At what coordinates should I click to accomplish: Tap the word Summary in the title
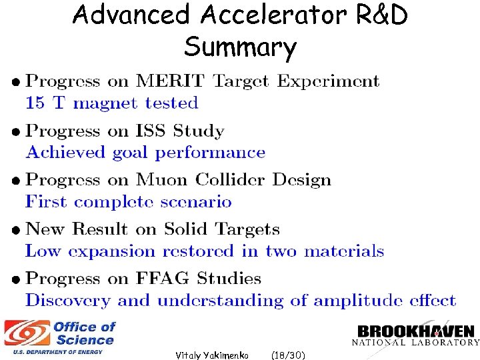coord(241,47)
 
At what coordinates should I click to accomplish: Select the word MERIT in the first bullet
coord(171,82)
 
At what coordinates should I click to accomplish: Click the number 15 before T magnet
coord(35,103)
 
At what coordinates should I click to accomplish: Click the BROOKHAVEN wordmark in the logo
coord(415,331)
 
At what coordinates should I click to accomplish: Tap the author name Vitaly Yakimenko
coord(212,355)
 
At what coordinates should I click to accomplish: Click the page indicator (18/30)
coord(289,355)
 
